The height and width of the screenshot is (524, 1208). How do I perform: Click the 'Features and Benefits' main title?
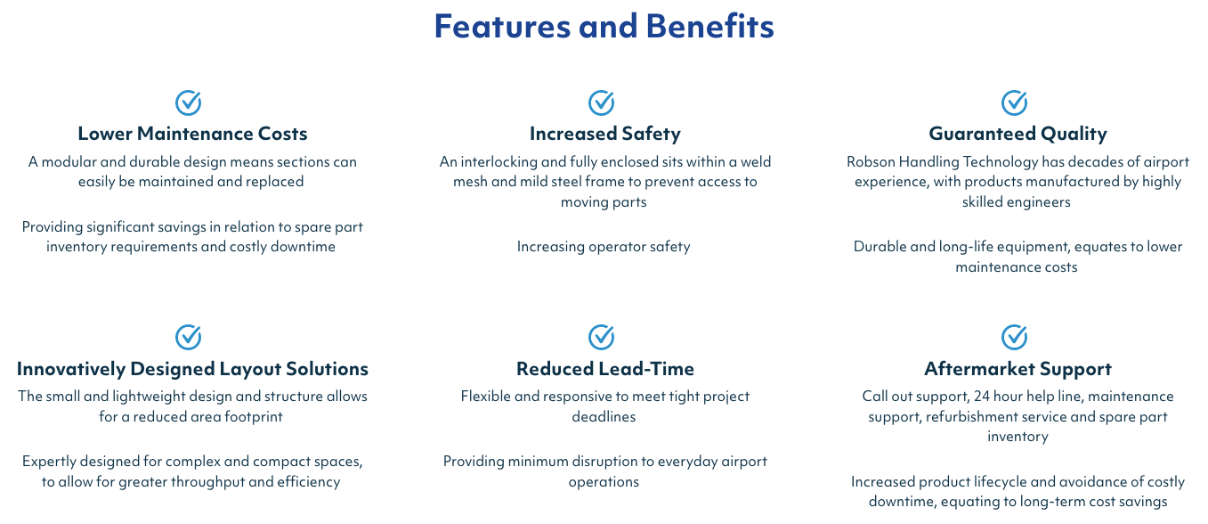pyautogui.click(x=604, y=26)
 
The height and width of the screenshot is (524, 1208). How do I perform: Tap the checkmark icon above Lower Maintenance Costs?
pyautogui.click(x=188, y=102)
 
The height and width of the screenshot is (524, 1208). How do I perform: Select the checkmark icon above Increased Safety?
pyautogui.click(x=601, y=102)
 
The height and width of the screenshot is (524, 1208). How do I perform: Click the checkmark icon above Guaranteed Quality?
pyautogui.click(x=1015, y=102)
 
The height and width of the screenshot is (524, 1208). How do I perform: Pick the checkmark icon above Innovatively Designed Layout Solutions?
pyautogui.click(x=188, y=337)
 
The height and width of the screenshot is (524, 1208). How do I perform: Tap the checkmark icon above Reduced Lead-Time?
pyautogui.click(x=601, y=337)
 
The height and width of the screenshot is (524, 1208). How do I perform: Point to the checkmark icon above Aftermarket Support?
pyautogui.click(x=1015, y=337)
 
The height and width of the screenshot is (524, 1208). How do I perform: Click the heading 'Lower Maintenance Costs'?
pyautogui.click(x=192, y=134)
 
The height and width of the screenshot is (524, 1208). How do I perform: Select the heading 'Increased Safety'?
pyautogui.click(x=605, y=134)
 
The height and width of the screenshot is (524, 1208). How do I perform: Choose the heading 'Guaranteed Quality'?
pyautogui.click(x=1017, y=134)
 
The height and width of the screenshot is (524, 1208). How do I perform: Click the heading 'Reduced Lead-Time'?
pyautogui.click(x=605, y=369)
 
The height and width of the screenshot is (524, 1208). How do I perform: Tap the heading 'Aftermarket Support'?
pyautogui.click(x=1017, y=369)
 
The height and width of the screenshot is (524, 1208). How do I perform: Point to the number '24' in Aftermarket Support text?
pyautogui.click(x=982, y=397)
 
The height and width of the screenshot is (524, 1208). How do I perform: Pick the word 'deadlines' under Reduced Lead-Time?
pyautogui.click(x=604, y=416)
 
